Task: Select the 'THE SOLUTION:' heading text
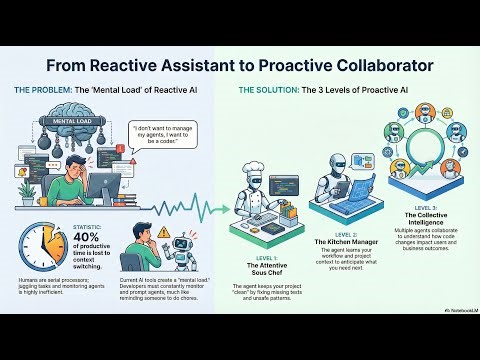pyautogui.click(x=269, y=91)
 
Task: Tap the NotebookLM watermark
pyautogui.click(x=457, y=338)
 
